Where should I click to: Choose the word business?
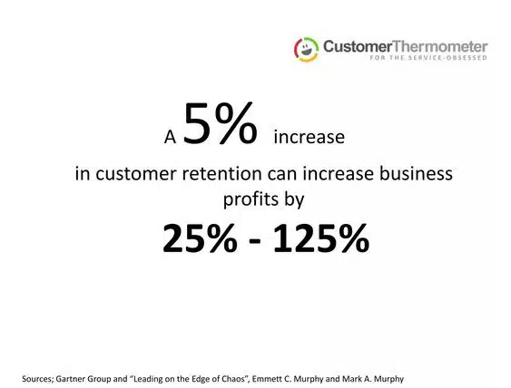click(413, 173)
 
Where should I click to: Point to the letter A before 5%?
click(169, 139)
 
